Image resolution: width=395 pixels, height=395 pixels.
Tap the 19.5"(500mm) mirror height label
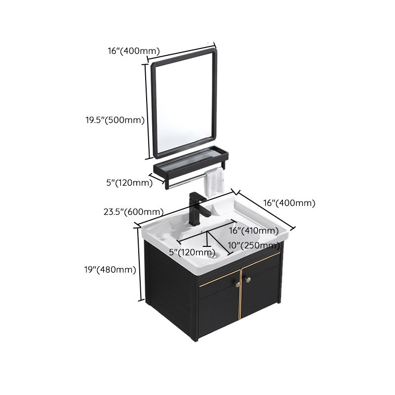pyautogui.click(x=114, y=119)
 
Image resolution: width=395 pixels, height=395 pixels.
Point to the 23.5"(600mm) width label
pyautogui.click(x=129, y=212)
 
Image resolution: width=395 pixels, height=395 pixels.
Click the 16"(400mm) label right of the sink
pyautogui.click(x=289, y=203)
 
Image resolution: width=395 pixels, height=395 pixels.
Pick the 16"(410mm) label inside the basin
pyautogui.click(x=254, y=231)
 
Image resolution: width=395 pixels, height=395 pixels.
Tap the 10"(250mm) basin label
pyautogui.click(x=254, y=245)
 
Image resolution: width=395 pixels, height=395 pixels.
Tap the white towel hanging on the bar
pyautogui.click(x=214, y=180)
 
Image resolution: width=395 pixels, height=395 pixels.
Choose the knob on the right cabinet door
pyautogui.click(x=249, y=280)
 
